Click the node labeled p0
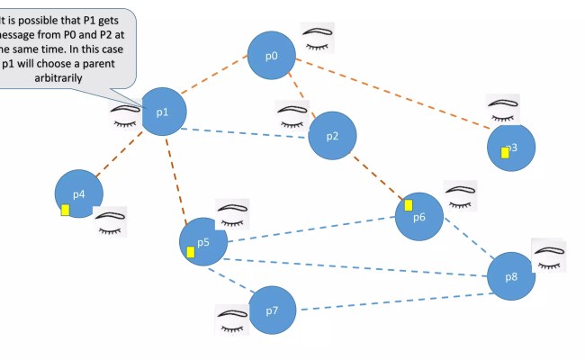tap(272, 56)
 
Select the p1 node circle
tap(163, 112)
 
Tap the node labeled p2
tap(332, 136)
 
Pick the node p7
tap(273, 310)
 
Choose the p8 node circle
tap(511, 277)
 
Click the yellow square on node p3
tap(505, 152)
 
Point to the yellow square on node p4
tap(65, 210)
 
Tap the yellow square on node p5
tap(190, 252)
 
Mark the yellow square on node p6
tap(408, 205)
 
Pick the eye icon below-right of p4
tap(111, 222)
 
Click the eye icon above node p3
tap(503, 109)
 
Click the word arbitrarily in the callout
tap(55, 78)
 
